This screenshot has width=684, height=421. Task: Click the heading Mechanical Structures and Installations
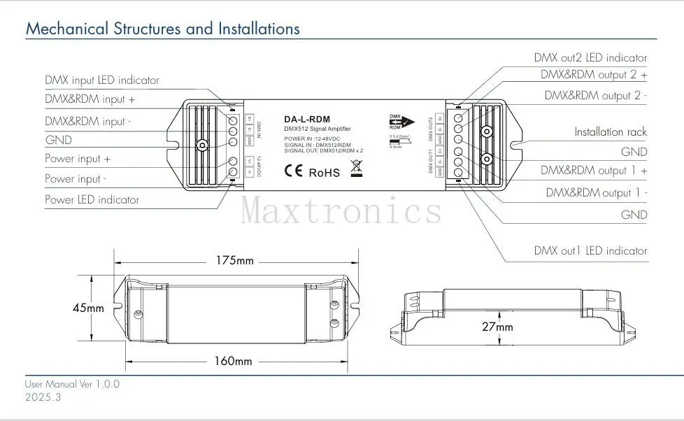(x=162, y=29)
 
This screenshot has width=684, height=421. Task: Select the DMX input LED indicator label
(x=102, y=80)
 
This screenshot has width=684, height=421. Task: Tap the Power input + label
(x=78, y=159)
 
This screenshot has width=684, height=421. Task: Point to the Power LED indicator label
(x=92, y=200)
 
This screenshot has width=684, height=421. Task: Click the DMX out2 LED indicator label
(x=590, y=58)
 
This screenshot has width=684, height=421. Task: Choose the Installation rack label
(x=611, y=131)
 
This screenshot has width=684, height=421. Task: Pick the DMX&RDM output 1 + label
(x=594, y=170)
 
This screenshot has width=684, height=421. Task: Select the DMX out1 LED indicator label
(x=590, y=250)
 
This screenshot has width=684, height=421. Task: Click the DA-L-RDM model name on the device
(x=307, y=120)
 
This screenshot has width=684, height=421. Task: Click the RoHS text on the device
(x=324, y=171)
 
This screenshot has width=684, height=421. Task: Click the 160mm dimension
(x=232, y=361)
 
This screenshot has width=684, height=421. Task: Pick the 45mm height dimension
(x=88, y=308)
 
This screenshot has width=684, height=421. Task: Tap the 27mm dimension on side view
(x=497, y=327)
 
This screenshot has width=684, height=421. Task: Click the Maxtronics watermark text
(x=341, y=210)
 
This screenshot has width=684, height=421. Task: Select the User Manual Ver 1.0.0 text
(x=73, y=384)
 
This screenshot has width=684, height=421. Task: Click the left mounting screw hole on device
(x=201, y=145)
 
